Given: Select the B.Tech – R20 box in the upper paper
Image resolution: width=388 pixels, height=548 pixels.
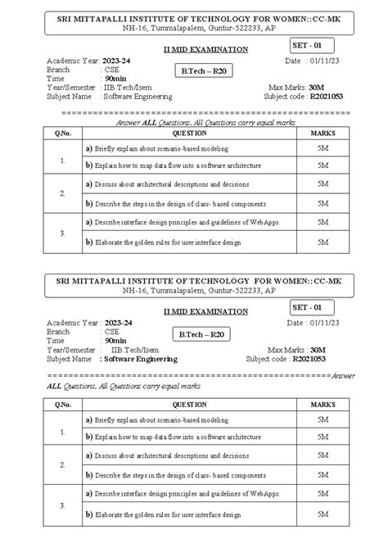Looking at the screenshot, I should [x=201, y=71].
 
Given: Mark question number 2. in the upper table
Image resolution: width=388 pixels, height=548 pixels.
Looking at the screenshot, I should [x=62, y=193].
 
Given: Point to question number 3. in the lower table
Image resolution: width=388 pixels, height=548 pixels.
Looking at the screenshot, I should [x=62, y=505].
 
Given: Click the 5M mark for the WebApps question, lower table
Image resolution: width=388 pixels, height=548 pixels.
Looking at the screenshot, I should [x=323, y=496].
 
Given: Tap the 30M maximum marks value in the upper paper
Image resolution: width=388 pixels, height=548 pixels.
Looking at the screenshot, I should [x=317, y=87].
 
